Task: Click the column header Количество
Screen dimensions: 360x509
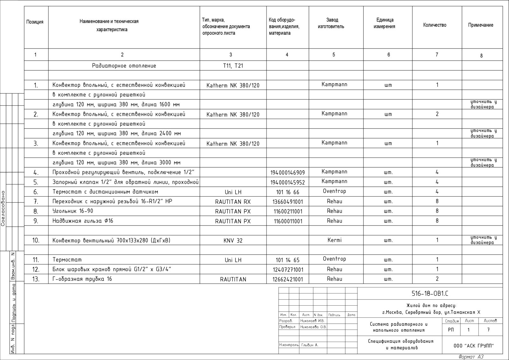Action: [435, 25]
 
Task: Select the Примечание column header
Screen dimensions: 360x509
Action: [480, 25]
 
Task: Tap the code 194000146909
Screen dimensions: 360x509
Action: [287, 173]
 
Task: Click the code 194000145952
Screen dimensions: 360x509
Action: [287, 182]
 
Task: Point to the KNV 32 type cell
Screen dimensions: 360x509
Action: [233, 241]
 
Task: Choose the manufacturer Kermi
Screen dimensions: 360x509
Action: [334, 240]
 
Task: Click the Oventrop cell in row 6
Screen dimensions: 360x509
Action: [334, 191]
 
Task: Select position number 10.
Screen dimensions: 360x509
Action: [36, 240]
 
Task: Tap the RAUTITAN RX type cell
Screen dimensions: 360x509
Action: [233, 202]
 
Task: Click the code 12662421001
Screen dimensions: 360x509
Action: [288, 279]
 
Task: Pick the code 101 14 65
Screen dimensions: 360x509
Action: [287, 260]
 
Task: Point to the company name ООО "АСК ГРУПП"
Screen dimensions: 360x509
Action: [473, 346]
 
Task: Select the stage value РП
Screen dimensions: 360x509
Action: [451, 330]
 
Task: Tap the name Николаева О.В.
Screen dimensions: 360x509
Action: [313, 327]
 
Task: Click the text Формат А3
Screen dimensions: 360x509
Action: [471, 357]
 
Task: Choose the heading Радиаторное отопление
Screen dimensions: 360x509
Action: [124, 66]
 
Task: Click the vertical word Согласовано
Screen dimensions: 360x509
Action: [3, 208]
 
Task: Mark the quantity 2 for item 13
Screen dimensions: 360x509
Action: [437, 279]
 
